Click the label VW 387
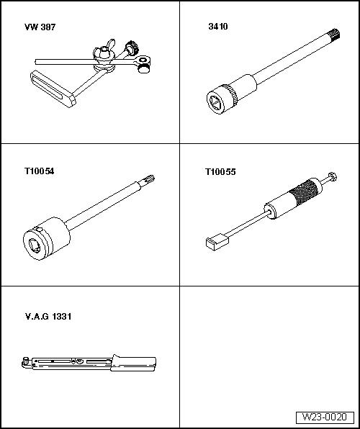click(x=40, y=27)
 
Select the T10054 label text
click(x=40, y=172)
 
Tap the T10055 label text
click(x=220, y=172)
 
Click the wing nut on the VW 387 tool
click(x=103, y=50)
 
